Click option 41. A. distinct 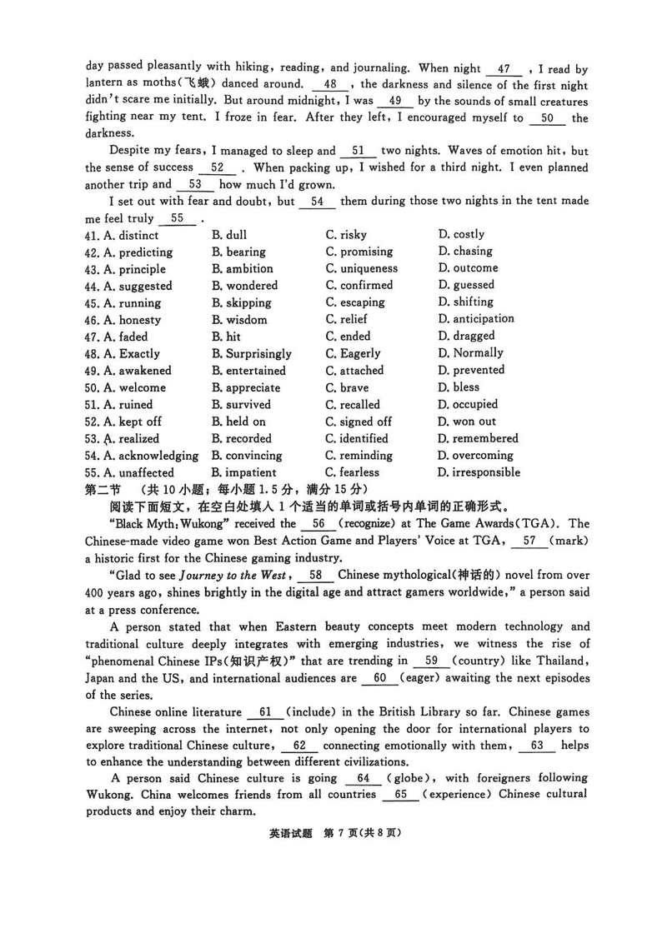pos(124,235)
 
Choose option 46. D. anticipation pos(476,319)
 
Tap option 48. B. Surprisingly pos(251,354)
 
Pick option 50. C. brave pos(346,387)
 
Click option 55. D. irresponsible pos(479,472)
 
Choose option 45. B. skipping pos(241,303)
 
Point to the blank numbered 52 pos(219,167)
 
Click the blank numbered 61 pos(266,712)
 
